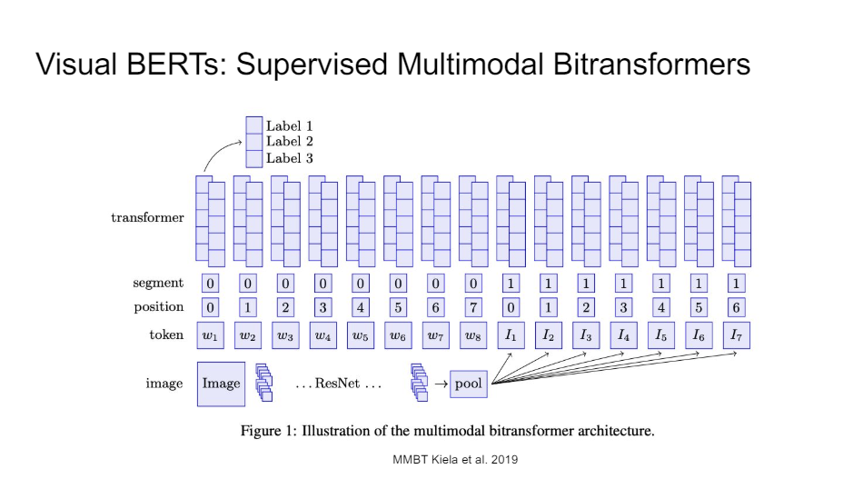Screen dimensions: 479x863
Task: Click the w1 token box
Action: click(211, 335)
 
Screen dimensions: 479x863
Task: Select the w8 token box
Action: click(472, 335)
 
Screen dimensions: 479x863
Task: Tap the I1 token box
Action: click(511, 335)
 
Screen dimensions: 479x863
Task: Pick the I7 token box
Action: click(736, 335)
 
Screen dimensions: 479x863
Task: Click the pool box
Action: click(469, 384)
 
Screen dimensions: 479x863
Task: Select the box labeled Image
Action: click(221, 383)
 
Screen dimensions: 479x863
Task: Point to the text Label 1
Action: click(290, 125)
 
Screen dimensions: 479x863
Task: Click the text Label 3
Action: click(290, 158)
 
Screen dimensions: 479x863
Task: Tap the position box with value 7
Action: click(472, 307)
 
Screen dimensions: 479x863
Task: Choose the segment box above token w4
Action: click(322, 284)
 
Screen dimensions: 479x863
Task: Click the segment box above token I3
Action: click(586, 284)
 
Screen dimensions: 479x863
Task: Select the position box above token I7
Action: click(736, 307)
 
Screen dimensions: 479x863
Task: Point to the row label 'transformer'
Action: click(147, 218)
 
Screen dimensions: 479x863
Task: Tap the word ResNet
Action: click(337, 384)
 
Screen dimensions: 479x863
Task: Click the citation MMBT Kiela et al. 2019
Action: click(455, 460)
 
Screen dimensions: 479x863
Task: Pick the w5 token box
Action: click(361, 335)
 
